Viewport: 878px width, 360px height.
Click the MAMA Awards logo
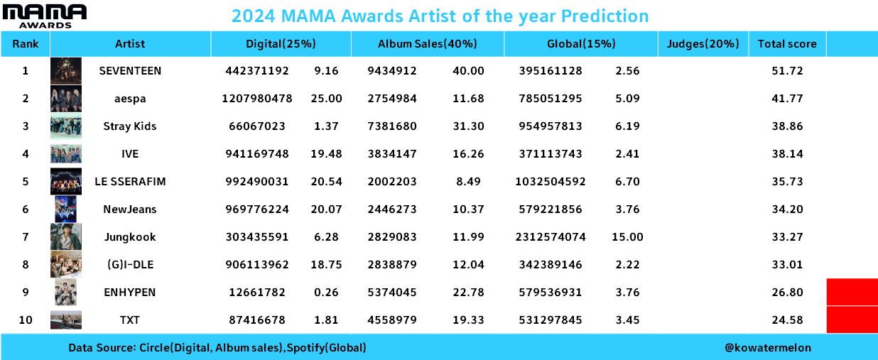[x=44, y=16]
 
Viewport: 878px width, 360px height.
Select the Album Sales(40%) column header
[x=427, y=44]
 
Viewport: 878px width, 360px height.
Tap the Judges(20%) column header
[x=703, y=44]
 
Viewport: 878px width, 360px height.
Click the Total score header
[x=787, y=44]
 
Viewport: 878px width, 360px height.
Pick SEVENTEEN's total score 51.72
[x=787, y=71]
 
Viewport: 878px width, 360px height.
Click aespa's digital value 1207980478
[x=257, y=98]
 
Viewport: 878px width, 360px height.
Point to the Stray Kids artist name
[x=130, y=126]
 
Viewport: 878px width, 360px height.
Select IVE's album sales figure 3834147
[x=392, y=154]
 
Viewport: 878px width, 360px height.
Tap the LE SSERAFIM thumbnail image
[x=66, y=181]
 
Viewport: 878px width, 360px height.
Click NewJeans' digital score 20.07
[x=326, y=209]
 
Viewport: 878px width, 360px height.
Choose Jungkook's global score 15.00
[x=627, y=237]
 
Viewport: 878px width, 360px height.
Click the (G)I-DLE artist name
[x=130, y=265]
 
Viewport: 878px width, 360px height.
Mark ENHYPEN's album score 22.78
[x=468, y=293]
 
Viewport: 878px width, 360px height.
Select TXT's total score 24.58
[x=787, y=320]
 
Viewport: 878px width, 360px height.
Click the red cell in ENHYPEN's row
[x=852, y=292]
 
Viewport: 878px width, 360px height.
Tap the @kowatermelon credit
[x=767, y=347]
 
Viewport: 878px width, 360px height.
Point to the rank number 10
[x=26, y=320]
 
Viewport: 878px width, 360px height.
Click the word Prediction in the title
[x=605, y=16]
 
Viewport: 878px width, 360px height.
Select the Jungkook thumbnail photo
[x=66, y=236]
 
